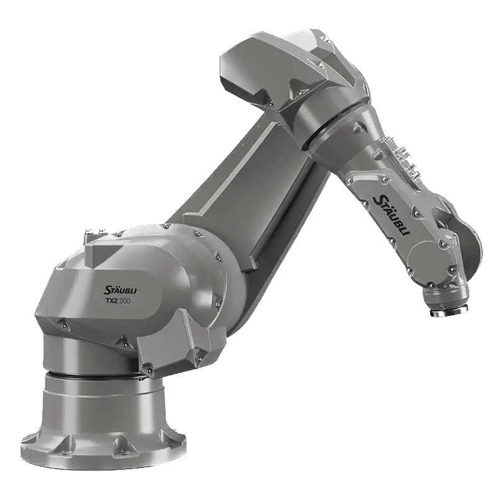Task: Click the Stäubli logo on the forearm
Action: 390,214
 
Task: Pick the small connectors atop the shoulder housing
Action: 96,232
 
